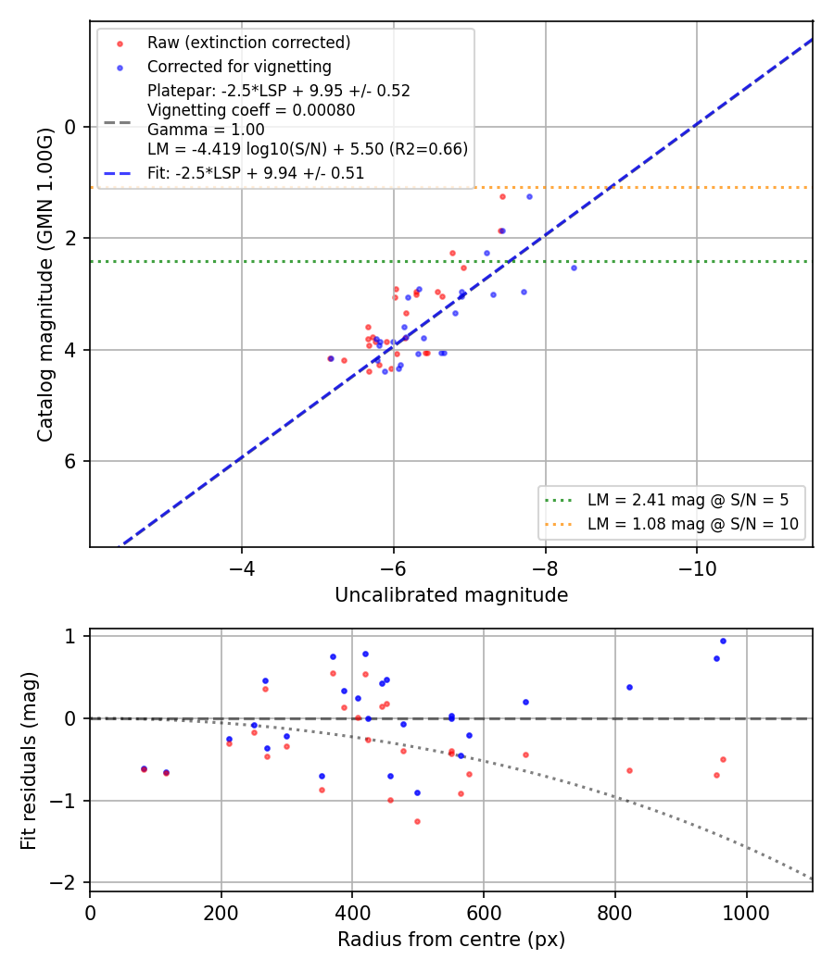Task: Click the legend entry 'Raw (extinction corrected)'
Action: click(x=249, y=43)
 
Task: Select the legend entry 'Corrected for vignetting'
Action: click(x=239, y=67)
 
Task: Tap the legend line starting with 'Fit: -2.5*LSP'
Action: click(x=256, y=173)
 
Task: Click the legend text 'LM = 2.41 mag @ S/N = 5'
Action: click(x=688, y=500)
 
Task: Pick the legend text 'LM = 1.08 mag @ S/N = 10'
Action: click(x=692, y=524)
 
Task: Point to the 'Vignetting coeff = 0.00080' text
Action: click(x=251, y=110)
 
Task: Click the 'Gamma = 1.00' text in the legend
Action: click(x=206, y=130)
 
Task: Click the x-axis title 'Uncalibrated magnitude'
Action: click(x=451, y=595)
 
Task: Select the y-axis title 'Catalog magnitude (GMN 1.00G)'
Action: click(x=44, y=284)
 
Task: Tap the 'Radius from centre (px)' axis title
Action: click(x=451, y=940)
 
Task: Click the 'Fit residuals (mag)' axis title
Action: click(x=29, y=761)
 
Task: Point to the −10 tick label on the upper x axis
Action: click(x=697, y=569)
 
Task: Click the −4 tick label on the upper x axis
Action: click(x=242, y=569)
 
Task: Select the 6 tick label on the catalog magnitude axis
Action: click(x=70, y=461)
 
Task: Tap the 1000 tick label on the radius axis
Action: click(x=747, y=913)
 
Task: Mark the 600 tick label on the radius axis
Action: click(x=484, y=913)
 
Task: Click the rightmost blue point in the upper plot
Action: click(x=574, y=268)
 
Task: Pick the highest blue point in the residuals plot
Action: click(x=723, y=641)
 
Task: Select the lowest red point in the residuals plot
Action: click(x=417, y=821)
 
